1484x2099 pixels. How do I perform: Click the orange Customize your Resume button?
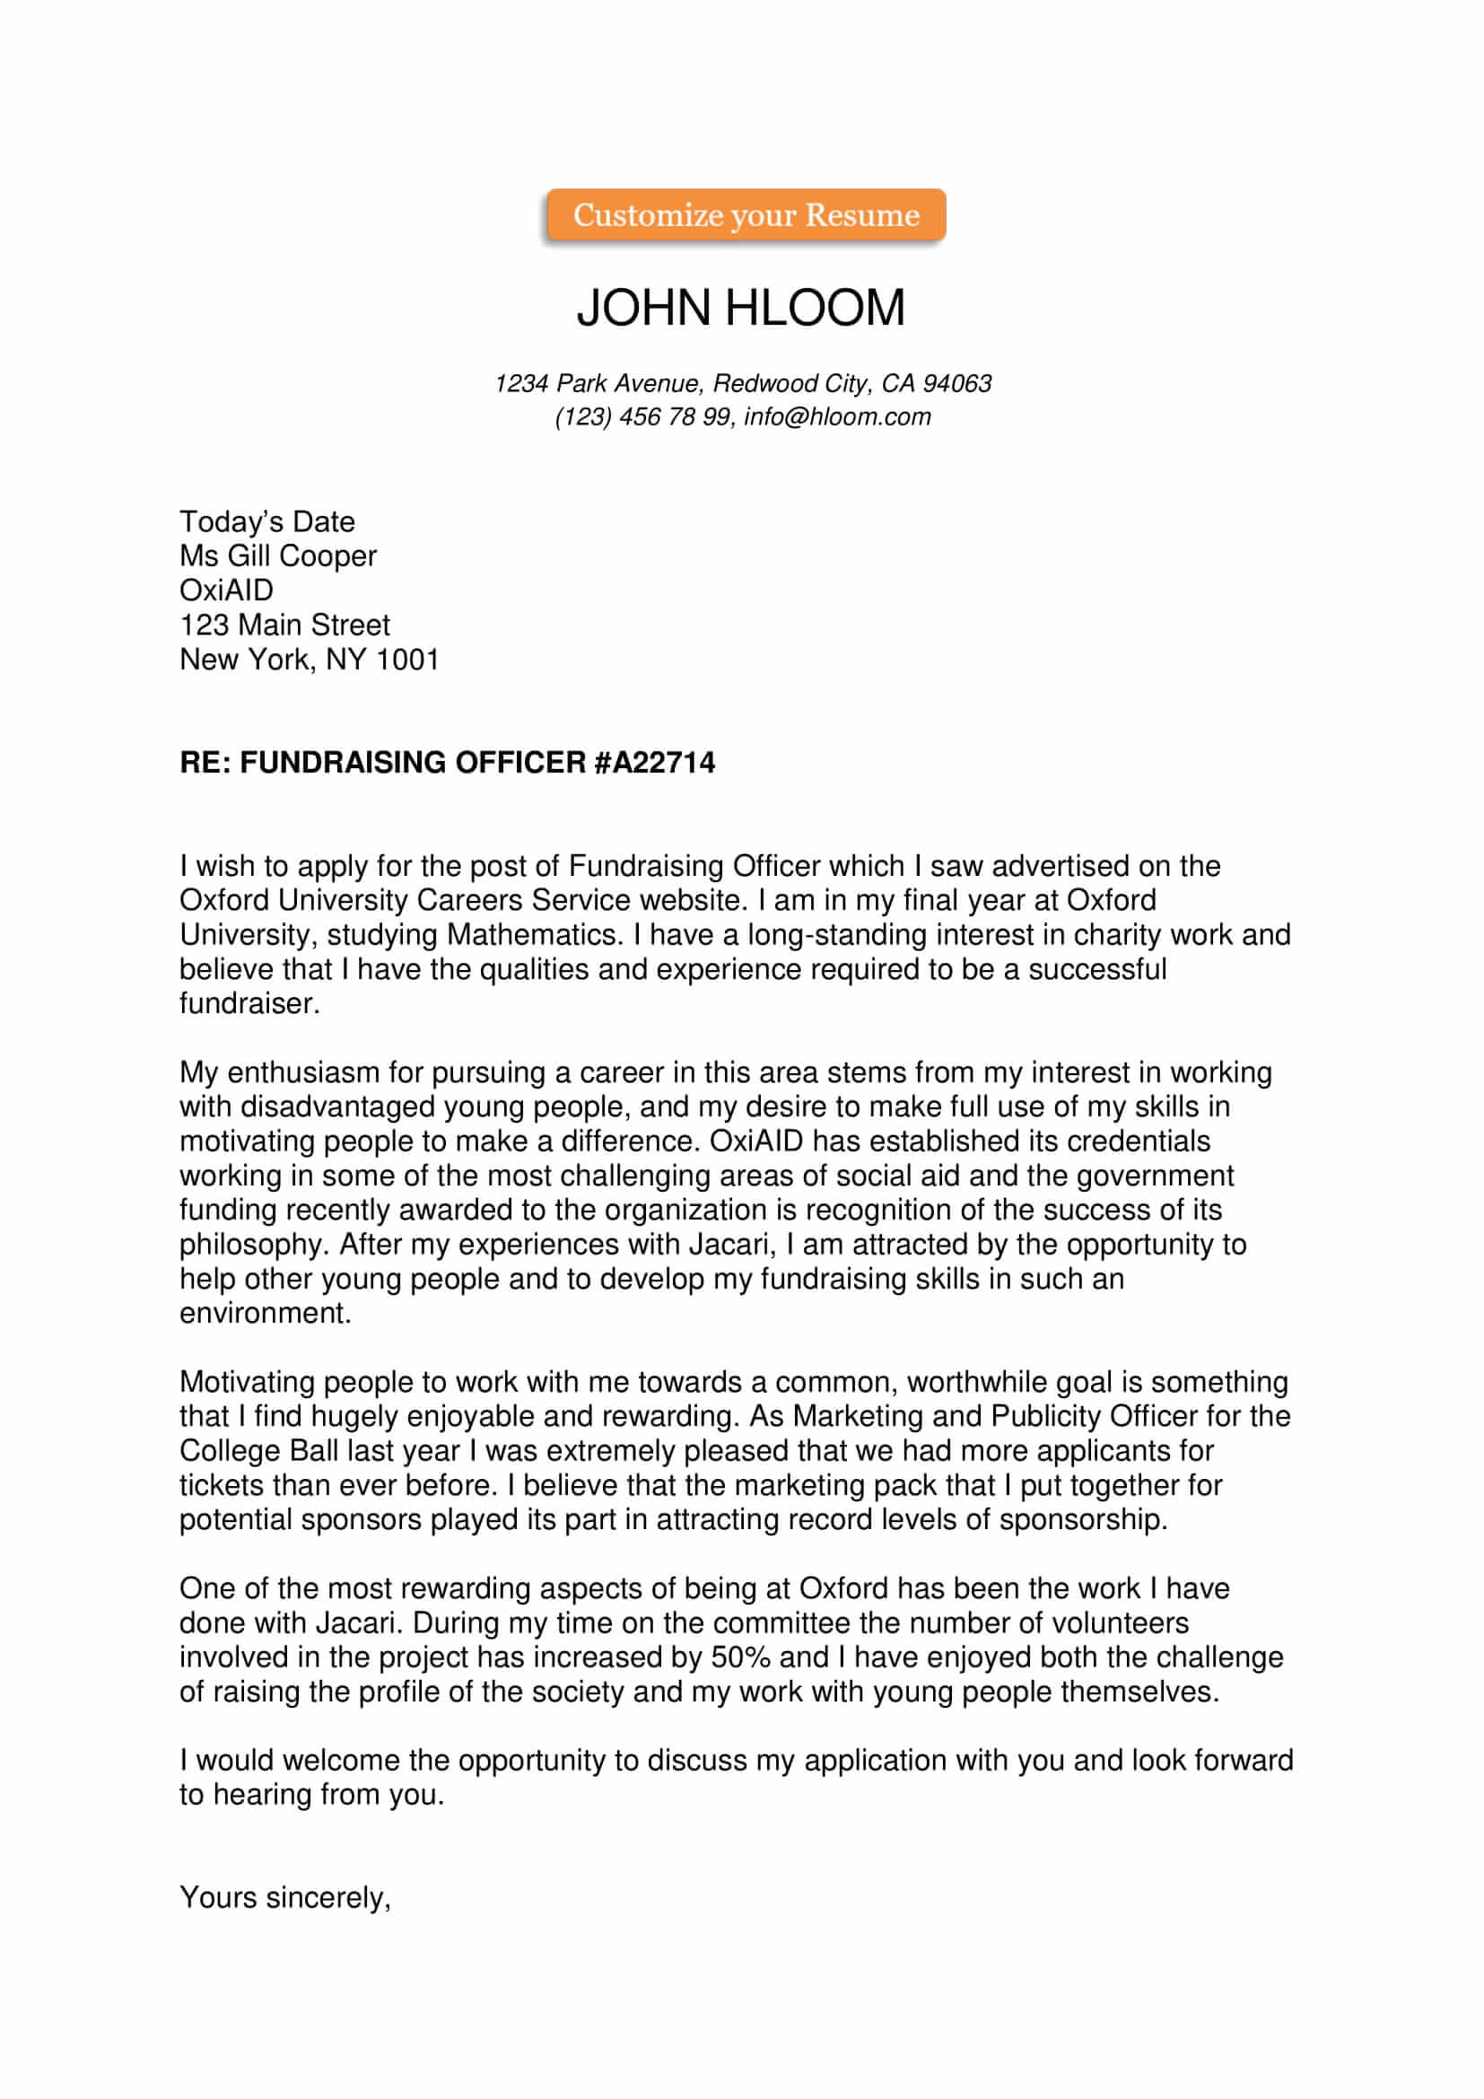tap(746, 214)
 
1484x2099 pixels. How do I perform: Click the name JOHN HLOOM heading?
tap(740, 307)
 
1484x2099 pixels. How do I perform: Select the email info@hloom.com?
tap(837, 417)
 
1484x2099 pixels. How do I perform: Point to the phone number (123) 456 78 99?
tap(642, 417)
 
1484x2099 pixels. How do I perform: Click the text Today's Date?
tap(266, 522)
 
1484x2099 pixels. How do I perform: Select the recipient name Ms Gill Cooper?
tap(278, 555)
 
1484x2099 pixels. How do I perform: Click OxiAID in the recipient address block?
tap(227, 590)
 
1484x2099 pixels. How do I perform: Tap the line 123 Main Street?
tap(284, 625)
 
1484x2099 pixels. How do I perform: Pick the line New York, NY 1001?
tap(309, 660)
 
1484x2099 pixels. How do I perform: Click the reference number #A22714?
tap(654, 763)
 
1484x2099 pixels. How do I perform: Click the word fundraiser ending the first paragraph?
tap(249, 1004)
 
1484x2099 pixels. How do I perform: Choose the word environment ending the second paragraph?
tap(264, 1314)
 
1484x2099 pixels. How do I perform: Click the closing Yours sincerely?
tap(285, 1898)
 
